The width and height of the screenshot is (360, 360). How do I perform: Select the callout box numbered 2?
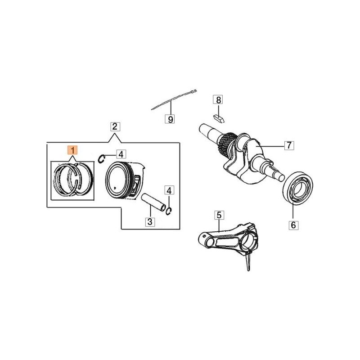coord(115,126)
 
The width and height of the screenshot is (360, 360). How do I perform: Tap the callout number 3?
coord(149,221)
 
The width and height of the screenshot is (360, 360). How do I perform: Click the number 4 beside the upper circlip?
coord(120,154)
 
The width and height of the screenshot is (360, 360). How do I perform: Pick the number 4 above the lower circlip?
coord(169,190)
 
